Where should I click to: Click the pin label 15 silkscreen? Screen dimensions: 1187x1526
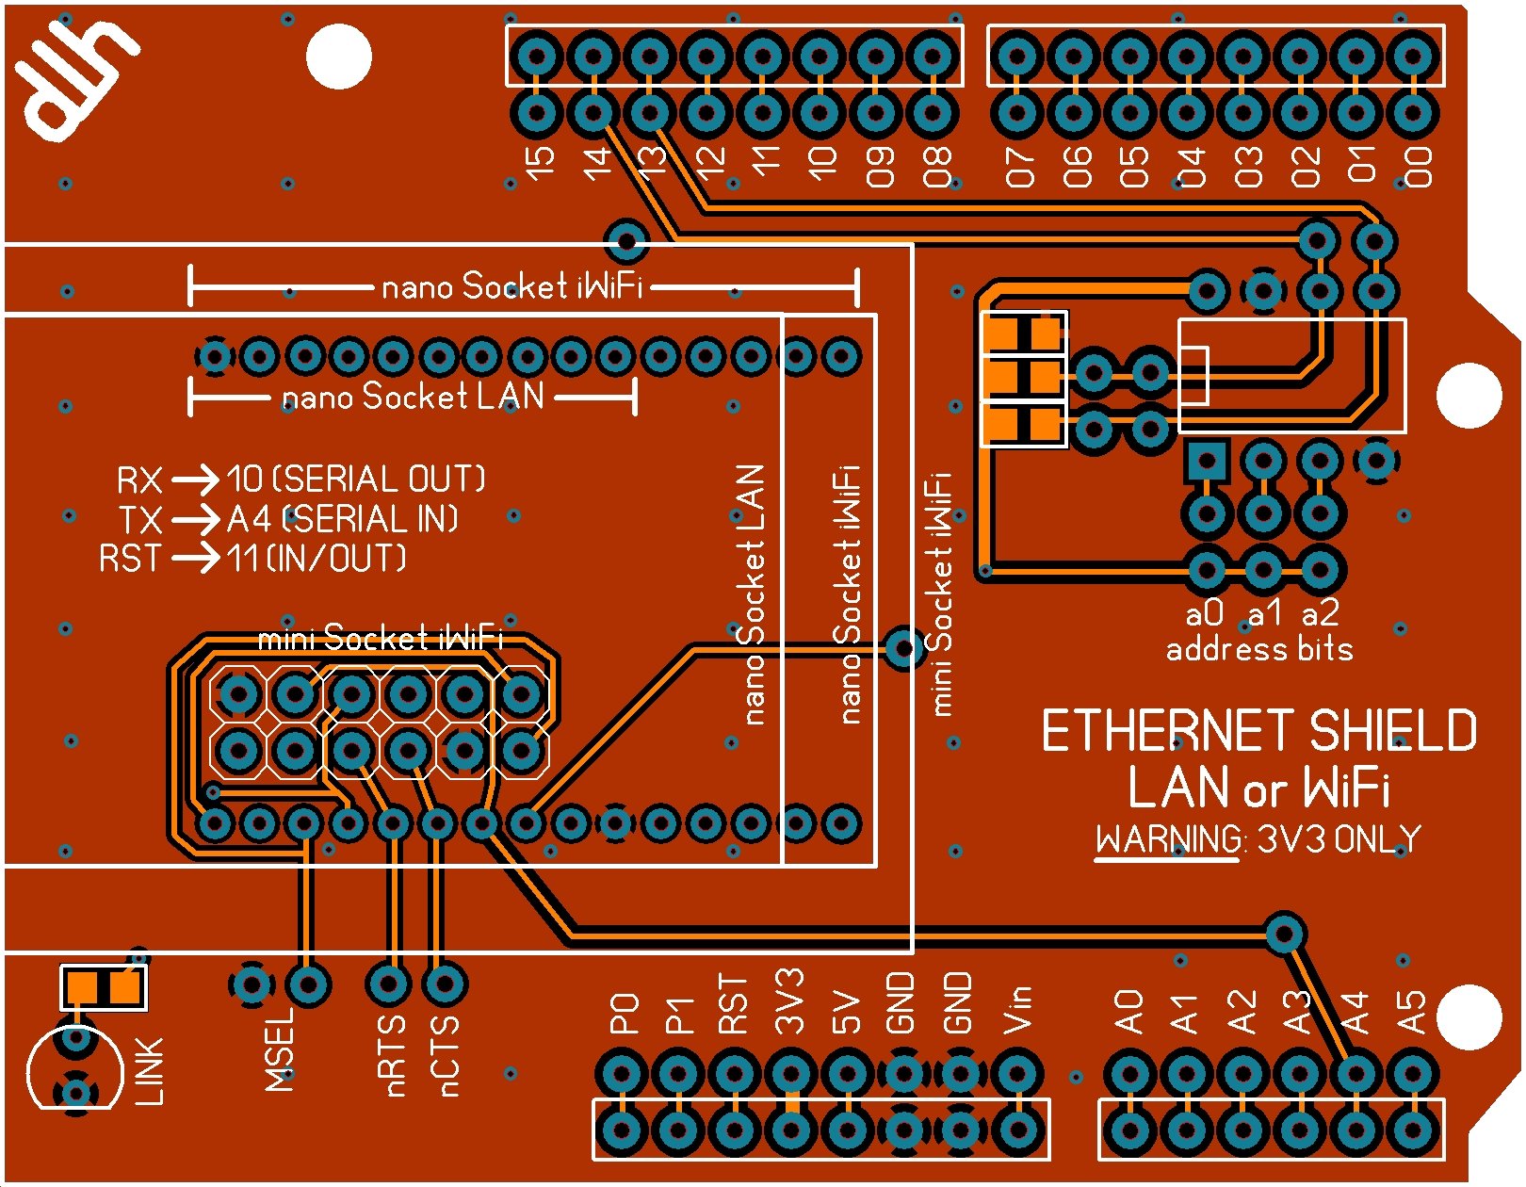click(540, 162)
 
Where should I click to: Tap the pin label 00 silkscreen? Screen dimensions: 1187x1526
click(1418, 166)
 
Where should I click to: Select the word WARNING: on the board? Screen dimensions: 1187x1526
click(1169, 839)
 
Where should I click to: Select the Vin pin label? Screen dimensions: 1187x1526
click(1017, 1010)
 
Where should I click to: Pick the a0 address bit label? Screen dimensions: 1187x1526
click(1205, 614)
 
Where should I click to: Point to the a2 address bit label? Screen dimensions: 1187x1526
click(1320, 614)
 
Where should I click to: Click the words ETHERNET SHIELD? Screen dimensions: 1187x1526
click(1258, 732)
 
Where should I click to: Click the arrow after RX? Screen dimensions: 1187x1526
click(195, 480)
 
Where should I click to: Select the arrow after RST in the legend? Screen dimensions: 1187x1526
click(195, 559)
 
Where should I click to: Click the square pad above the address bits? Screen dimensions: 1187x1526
click(1207, 462)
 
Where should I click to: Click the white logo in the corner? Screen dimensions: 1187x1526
click(75, 80)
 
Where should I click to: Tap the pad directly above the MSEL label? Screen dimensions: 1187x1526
click(307, 985)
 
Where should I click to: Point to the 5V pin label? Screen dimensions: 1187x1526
click(846, 1012)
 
